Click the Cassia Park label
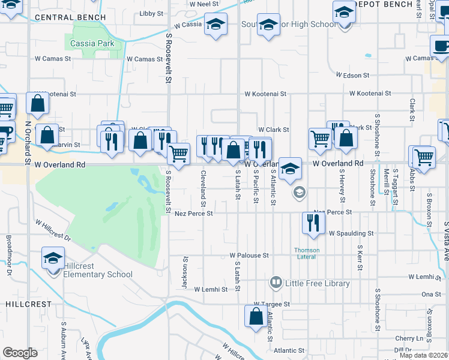92,43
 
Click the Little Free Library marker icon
276,281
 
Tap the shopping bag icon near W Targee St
255,316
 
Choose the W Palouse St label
249,256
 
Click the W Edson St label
352,75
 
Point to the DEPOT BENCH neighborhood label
390,4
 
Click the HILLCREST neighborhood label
29,304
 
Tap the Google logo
20,353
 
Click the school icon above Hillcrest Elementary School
53,258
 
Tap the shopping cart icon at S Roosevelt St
179,154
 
